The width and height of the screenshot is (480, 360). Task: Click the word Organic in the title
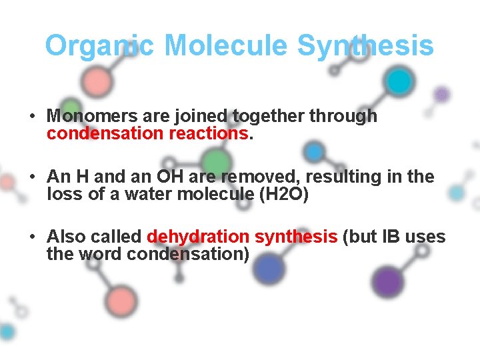[x=99, y=46]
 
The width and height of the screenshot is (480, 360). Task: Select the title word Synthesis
[x=365, y=46]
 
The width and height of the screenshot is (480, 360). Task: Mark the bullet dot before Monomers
[x=32, y=116]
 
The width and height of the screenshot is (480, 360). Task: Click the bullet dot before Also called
[x=32, y=237]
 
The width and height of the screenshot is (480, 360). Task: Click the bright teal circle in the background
[x=399, y=82]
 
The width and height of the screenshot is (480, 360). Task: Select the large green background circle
[x=215, y=161]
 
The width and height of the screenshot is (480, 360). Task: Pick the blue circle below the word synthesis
[x=269, y=268]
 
